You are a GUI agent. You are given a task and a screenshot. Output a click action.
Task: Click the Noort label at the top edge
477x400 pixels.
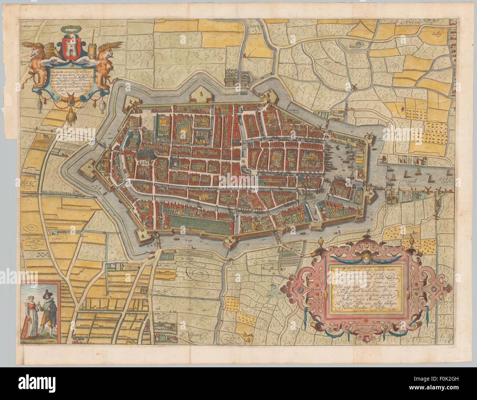(x=254, y=26)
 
